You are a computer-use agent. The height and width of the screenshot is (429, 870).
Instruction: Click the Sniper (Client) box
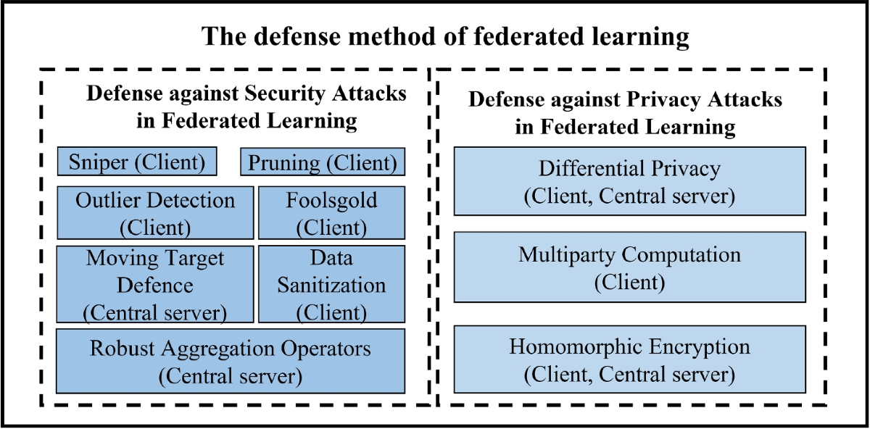137,162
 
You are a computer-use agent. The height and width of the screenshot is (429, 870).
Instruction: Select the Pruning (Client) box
323,162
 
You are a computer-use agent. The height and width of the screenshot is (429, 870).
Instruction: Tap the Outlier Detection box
155,212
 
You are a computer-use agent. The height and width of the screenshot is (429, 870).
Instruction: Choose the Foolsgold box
331,212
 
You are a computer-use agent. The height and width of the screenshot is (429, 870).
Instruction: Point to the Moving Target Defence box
155,284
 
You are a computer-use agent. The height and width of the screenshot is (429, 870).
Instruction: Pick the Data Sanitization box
331,284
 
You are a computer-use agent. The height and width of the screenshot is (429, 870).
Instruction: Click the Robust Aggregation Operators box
230,361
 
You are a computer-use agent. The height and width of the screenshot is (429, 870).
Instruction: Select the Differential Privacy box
629,181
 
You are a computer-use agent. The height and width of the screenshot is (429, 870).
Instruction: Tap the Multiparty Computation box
629,267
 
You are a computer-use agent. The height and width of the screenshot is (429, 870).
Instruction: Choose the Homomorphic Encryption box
629,359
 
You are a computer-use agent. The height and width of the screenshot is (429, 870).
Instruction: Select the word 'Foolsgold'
331,200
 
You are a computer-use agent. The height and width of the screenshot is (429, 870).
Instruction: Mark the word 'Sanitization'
331,285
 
